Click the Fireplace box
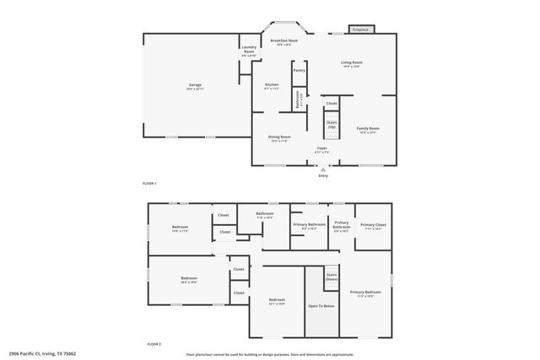359,30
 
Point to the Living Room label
352,64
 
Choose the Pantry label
299,71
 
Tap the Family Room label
368,130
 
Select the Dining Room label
279,138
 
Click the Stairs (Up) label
332,125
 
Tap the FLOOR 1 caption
150,183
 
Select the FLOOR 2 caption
154,344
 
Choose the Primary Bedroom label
364,294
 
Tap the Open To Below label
321,305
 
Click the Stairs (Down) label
332,277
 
